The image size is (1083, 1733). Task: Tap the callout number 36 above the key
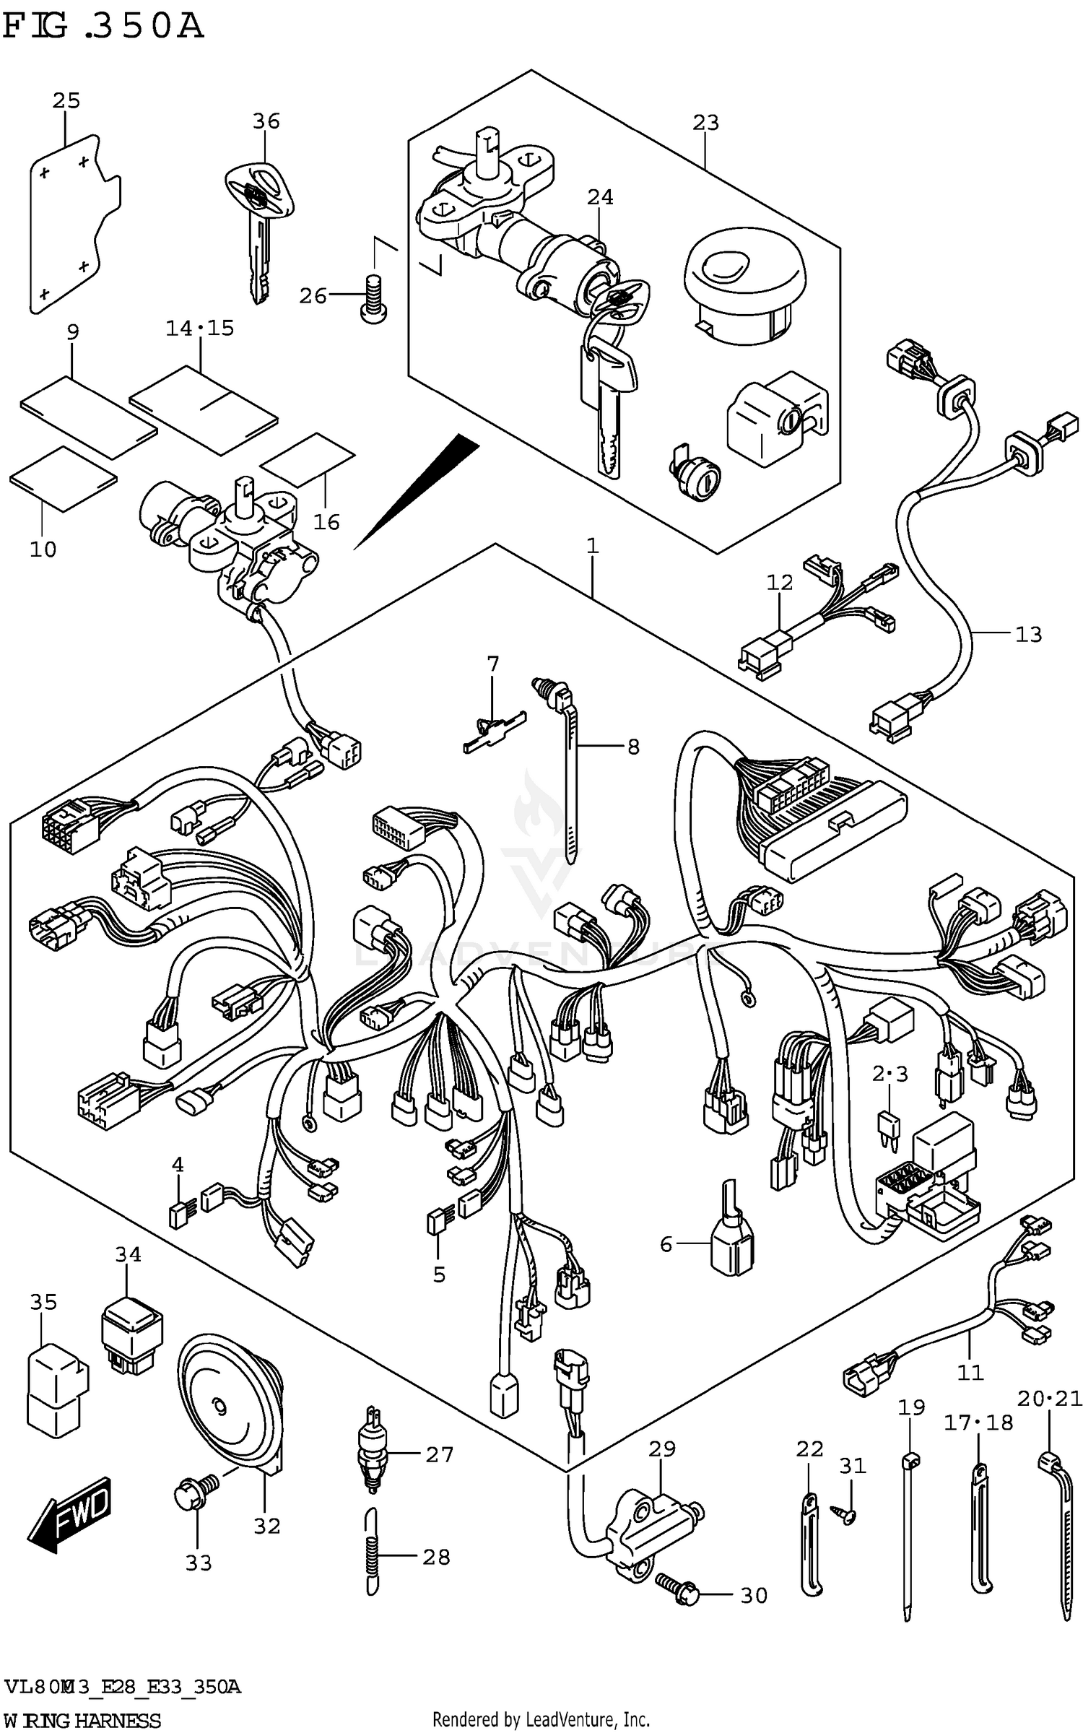point(266,121)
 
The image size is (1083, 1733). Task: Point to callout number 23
point(705,123)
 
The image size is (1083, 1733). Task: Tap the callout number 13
point(1028,635)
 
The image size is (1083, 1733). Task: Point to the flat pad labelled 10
point(63,478)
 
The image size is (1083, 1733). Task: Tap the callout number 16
point(326,521)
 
